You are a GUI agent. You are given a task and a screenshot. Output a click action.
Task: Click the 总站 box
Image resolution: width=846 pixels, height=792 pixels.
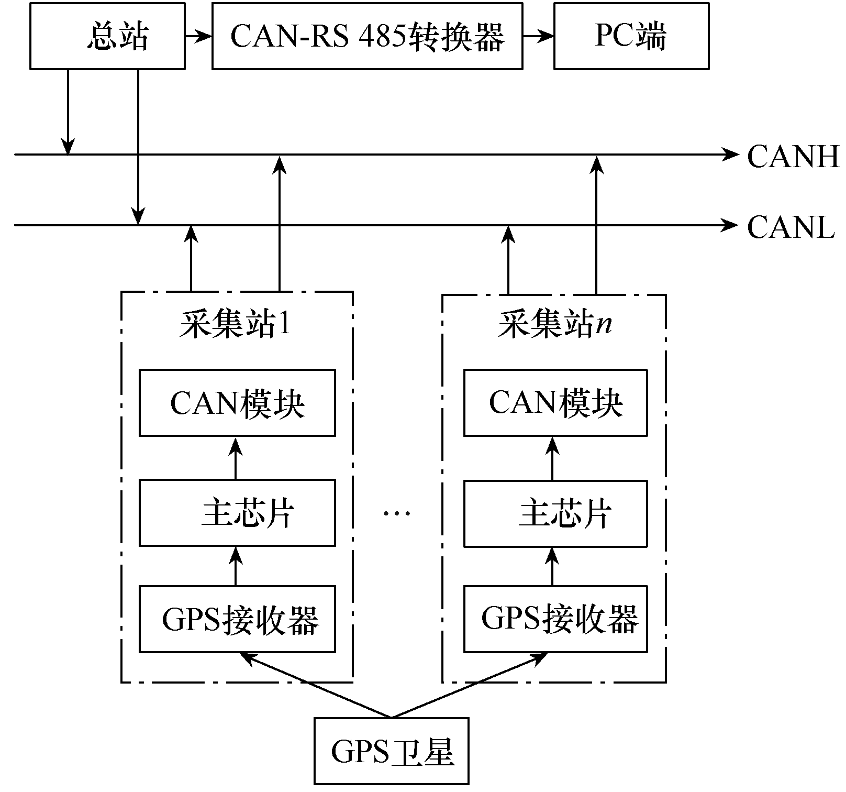107,36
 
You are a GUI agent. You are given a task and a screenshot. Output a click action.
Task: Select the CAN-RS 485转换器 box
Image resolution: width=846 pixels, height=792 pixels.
367,36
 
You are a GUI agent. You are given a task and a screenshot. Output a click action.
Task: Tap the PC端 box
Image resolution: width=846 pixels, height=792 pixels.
631,36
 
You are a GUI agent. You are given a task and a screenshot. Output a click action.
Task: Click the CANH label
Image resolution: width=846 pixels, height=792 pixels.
793,156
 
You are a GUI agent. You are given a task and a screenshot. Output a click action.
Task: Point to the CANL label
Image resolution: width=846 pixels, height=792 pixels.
791,227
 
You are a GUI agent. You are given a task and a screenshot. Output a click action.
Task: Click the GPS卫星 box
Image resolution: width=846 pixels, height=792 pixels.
391,751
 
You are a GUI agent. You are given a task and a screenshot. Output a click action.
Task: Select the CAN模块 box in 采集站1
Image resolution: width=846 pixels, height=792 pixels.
237,403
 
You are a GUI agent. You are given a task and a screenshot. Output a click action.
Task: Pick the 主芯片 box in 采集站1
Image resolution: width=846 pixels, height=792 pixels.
237,513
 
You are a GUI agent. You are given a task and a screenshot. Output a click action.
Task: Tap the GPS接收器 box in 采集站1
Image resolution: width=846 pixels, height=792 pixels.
237,619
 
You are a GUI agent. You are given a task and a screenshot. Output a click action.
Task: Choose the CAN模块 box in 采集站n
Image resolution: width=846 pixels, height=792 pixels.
555,403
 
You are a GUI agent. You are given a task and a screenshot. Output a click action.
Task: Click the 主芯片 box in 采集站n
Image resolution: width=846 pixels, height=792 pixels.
555,513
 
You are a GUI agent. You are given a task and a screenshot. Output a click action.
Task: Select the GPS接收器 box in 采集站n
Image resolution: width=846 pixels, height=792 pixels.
555,619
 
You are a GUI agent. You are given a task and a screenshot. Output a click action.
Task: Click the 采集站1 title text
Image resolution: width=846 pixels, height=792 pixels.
235,325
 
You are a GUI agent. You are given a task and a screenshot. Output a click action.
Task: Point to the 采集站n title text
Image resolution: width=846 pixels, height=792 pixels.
554,325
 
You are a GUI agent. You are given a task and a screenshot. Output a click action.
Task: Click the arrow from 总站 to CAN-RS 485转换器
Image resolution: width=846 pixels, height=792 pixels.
198,36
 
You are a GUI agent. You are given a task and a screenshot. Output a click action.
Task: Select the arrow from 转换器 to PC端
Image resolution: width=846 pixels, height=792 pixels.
538,36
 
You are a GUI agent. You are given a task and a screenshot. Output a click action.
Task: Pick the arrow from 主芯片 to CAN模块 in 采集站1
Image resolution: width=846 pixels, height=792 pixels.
236,458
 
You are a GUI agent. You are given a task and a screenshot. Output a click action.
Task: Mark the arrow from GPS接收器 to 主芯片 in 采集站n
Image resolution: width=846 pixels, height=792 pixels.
552,566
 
